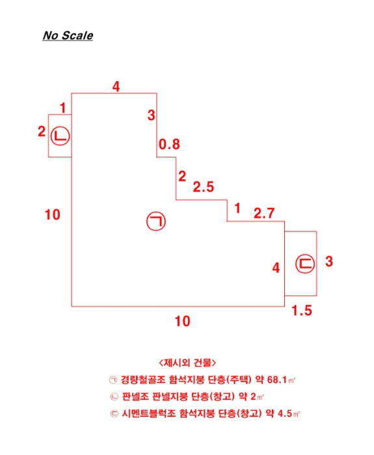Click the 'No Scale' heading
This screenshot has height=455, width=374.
[68, 36]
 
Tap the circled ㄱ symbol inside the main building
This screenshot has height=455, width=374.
[156, 222]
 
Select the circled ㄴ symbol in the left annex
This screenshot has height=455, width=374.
[60, 136]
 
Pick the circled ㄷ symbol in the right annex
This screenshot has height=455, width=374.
[304, 263]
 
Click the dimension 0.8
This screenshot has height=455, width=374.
[169, 144]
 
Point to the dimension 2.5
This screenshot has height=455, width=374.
[204, 188]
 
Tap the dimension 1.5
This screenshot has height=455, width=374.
[302, 311]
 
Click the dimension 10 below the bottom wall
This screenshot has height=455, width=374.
[183, 321]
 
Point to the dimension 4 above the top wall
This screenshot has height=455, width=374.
[116, 86]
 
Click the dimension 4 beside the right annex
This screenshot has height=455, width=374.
[276, 266]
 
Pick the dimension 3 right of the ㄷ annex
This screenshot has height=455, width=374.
[329, 262]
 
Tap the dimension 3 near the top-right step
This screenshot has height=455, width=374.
[152, 116]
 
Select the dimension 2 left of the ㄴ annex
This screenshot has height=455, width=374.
[41, 132]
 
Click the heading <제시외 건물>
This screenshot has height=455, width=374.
[187, 362]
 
